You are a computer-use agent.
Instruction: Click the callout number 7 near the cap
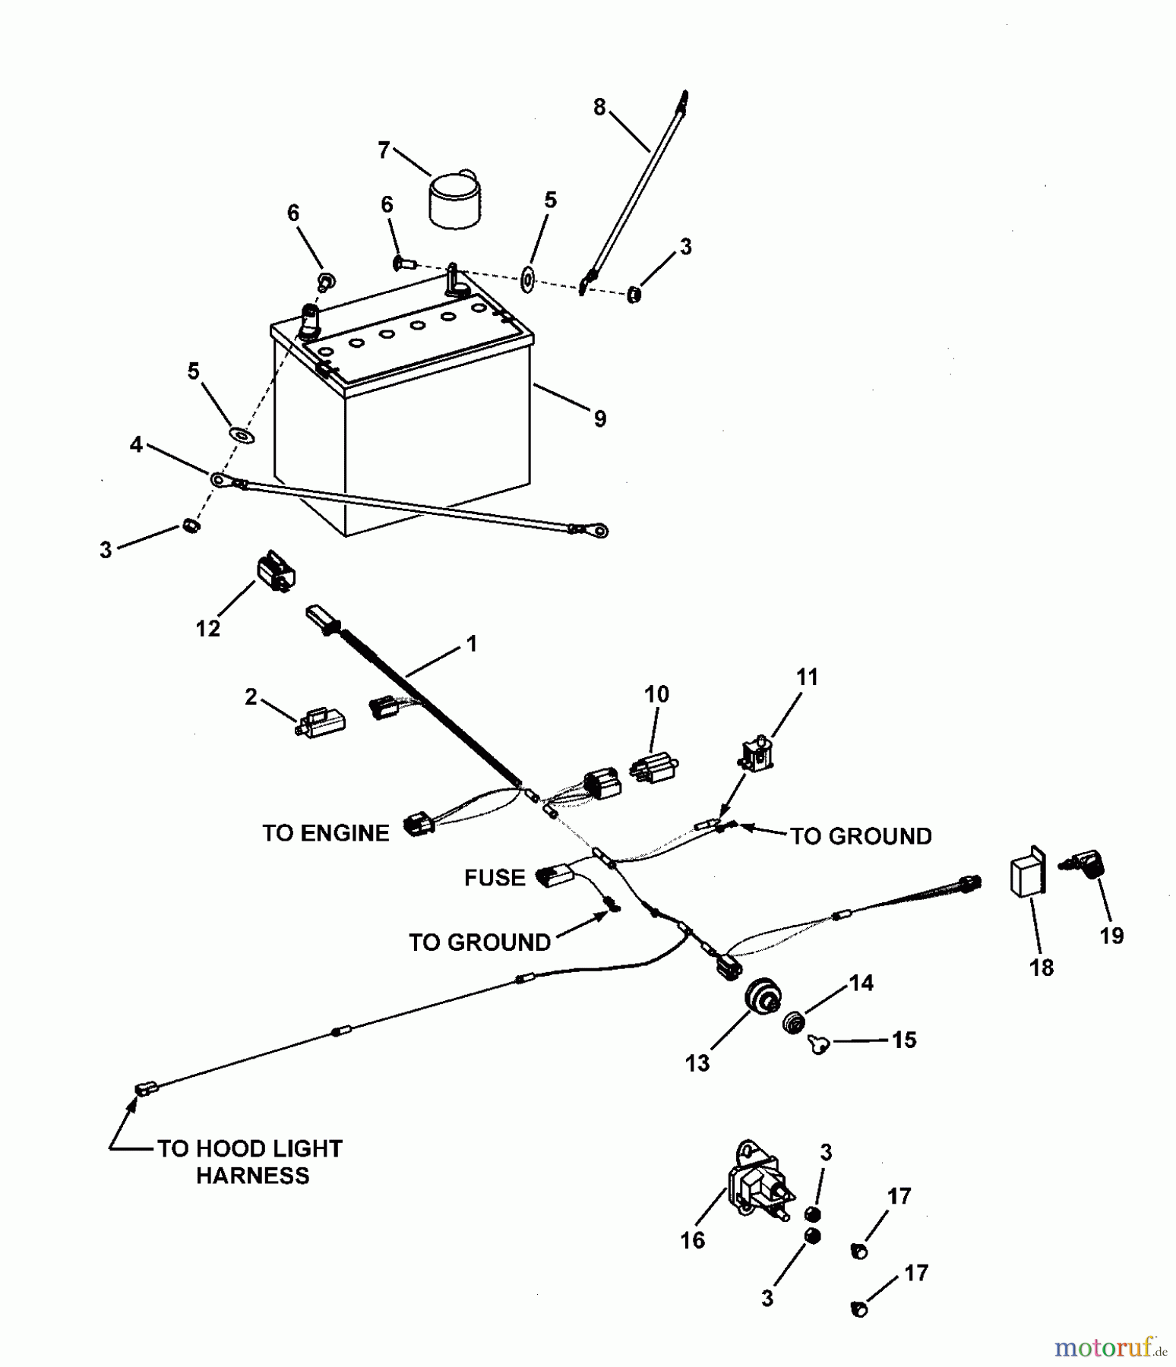384,150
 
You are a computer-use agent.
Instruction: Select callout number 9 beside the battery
600,418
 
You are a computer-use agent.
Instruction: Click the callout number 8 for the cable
599,108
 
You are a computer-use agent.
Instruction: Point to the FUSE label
495,878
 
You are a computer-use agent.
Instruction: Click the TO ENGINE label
325,833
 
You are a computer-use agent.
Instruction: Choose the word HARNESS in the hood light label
252,1176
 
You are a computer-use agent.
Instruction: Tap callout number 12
208,629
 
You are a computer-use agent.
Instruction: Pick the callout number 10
656,694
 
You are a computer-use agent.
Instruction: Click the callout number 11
807,677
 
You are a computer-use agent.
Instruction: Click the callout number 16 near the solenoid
693,1240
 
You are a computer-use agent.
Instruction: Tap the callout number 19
1111,936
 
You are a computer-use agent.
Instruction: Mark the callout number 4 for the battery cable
136,444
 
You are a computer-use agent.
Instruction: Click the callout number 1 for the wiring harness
472,644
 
